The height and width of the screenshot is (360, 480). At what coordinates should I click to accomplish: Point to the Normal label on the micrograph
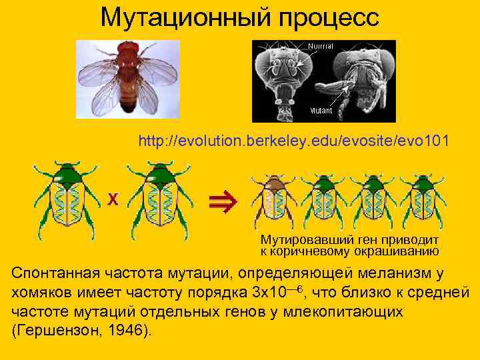coord(321,46)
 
